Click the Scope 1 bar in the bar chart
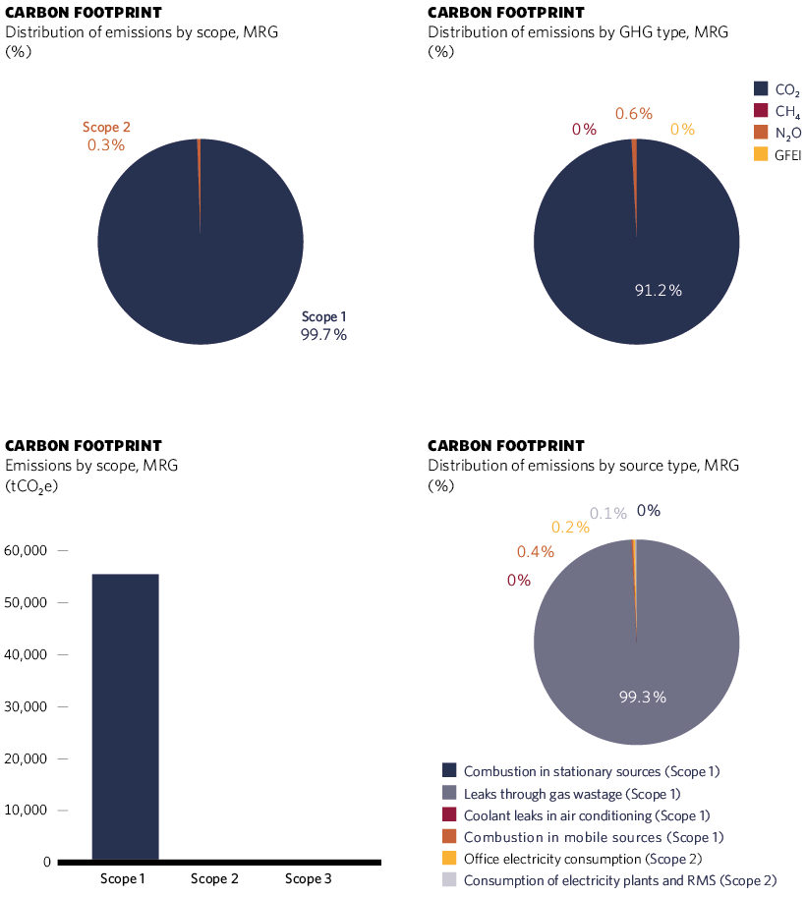pyautogui.click(x=125, y=717)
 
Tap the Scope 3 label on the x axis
pyautogui.click(x=308, y=879)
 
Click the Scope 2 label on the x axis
pyautogui.click(x=214, y=879)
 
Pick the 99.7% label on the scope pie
pyautogui.click(x=323, y=335)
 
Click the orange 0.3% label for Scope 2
pyautogui.click(x=106, y=145)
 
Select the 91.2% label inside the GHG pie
pyautogui.click(x=658, y=290)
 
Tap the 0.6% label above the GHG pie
pyautogui.click(x=634, y=114)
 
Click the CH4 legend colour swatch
pyautogui.click(x=761, y=111)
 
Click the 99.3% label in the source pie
pyautogui.click(x=643, y=697)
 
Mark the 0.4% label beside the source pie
pyautogui.click(x=536, y=552)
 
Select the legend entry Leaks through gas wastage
pyautogui.click(x=572, y=793)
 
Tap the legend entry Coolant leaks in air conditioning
pyautogui.click(x=587, y=814)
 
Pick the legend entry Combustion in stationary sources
pyautogui.click(x=599, y=771)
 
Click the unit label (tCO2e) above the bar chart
pyautogui.click(x=32, y=485)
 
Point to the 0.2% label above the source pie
pyautogui.click(x=570, y=528)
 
